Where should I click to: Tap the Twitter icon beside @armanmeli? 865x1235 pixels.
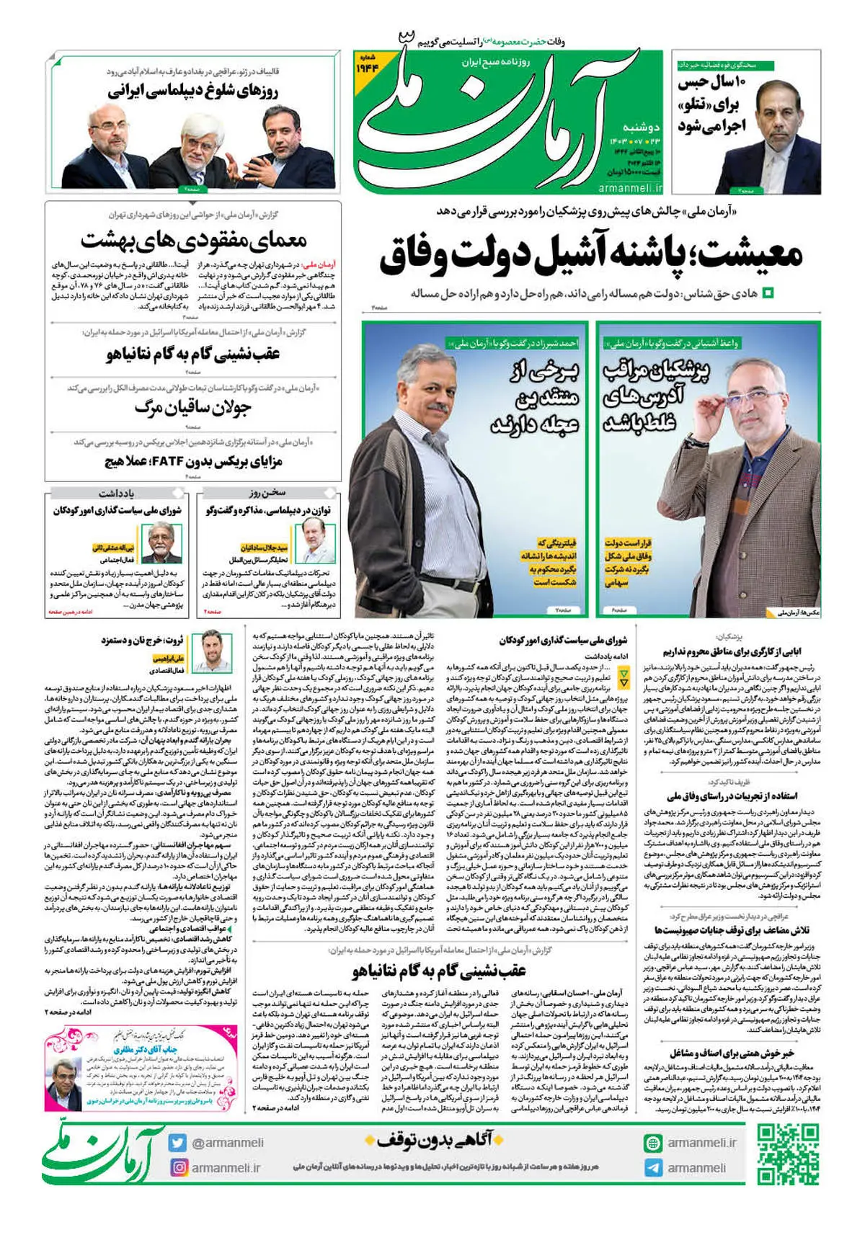(177, 1143)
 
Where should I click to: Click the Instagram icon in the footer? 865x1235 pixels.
(177, 1167)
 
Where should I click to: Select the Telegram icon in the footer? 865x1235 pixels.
(653, 1168)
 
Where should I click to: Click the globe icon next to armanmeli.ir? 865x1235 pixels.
(653, 1143)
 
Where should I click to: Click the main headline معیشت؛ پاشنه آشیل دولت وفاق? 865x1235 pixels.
(591, 255)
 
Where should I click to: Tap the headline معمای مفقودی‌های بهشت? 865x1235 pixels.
(193, 240)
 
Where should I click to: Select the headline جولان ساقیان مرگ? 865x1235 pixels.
(193, 409)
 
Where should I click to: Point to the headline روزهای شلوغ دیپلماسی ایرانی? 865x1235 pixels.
(193, 92)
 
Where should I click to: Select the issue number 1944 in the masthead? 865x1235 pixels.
(367, 68)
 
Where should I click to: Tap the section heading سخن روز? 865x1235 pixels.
(267, 493)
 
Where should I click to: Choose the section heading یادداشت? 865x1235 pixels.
(116, 493)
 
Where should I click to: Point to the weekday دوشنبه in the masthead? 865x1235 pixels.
(641, 127)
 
